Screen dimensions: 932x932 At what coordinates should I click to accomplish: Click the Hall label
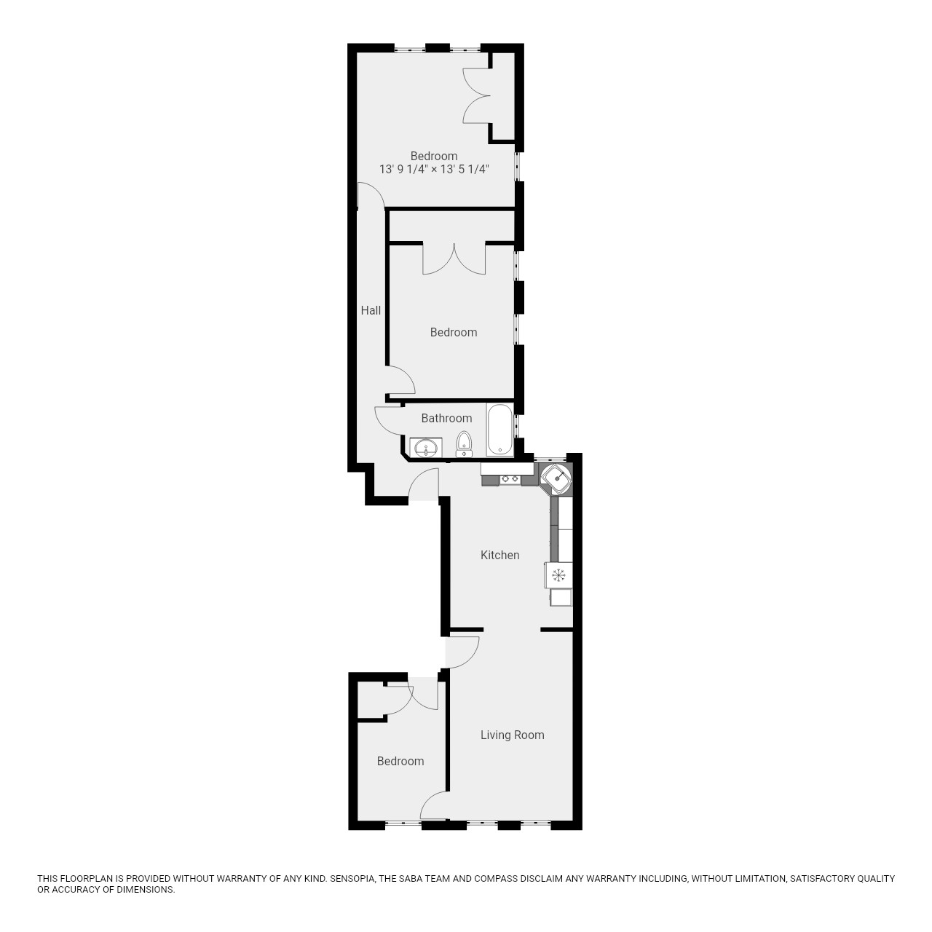(371, 310)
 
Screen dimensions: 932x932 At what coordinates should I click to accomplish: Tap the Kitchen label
(500, 555)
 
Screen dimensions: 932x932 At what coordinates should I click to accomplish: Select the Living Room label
(512, 735)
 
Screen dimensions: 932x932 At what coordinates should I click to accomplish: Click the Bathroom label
(446, 418)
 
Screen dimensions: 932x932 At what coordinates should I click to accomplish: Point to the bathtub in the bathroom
(499, 430)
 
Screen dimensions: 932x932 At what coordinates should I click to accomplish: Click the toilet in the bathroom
(464, 443)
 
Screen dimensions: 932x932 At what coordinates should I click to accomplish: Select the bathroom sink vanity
(425, 447)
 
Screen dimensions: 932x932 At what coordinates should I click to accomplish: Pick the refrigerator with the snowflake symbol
(558, 575)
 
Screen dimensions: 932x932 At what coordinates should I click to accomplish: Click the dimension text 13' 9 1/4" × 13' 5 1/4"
(434, 169)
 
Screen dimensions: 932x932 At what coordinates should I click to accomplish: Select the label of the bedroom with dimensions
(434, 156)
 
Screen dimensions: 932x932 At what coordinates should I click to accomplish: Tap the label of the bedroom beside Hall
(454, 332)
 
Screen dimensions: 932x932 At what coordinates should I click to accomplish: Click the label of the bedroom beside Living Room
(400, 761)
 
